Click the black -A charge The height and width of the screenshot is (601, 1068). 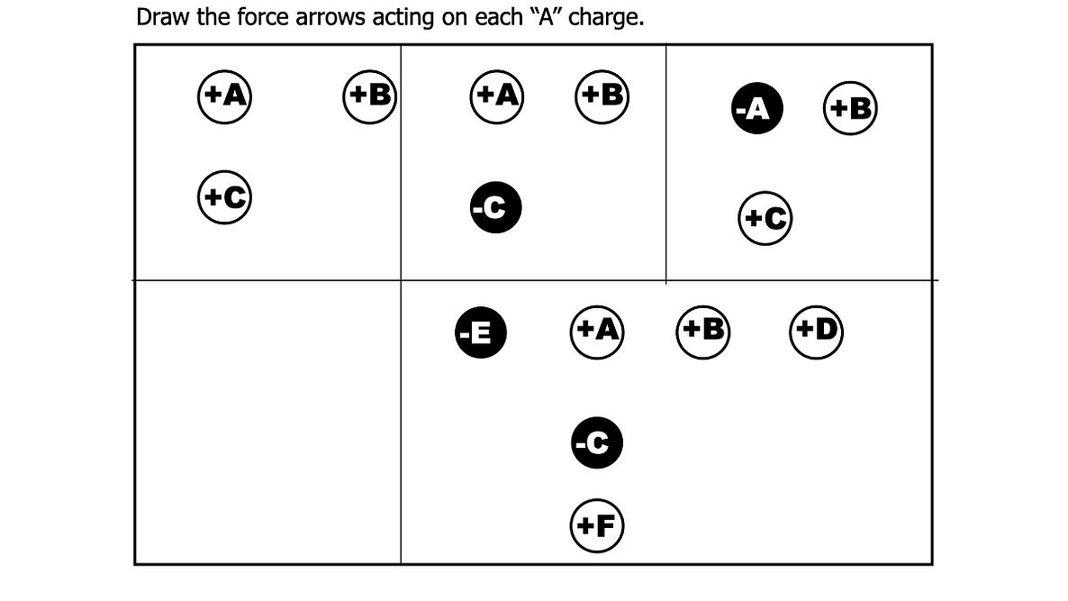click(756, 108)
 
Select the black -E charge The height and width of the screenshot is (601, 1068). click(481, 333)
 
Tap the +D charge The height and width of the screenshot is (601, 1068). click(816, 332)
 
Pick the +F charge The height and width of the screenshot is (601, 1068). click(597, 525)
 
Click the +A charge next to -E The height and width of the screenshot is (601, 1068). click(597, 332)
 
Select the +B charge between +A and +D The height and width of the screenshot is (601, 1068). click(703, 332)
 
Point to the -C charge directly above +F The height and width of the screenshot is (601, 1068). click(597, 443)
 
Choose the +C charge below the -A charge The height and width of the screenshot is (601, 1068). click(765, 218)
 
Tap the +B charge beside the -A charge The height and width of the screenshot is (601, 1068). click(850, 107)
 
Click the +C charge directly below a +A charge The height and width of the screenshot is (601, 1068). click(224, 197)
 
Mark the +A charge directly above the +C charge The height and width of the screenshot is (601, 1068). click(224, 96)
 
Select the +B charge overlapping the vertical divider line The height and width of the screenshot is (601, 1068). click(370, 96)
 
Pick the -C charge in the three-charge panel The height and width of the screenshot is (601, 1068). click(496, 207)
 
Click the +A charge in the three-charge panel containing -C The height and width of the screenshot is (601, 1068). click(496, 96)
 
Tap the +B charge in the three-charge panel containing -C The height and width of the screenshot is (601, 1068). click(602, 96)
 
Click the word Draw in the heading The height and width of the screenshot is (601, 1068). click(164, 17)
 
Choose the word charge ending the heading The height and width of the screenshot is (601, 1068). click(606, 18)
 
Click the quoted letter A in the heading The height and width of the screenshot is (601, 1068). click(545, 17)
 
